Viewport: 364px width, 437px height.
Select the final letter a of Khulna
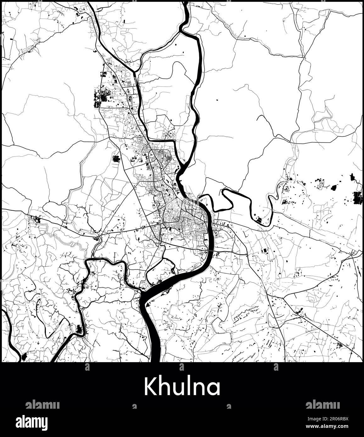(x=214, y=389)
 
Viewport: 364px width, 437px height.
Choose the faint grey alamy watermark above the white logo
(x=42, y=405)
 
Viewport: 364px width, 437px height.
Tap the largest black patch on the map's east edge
(x=357, y=198)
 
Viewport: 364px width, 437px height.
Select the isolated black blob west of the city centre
(x=116, y=158)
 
